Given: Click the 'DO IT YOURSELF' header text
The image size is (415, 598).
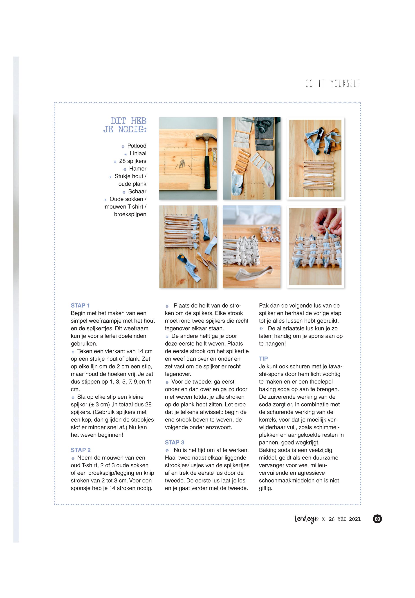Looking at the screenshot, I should [333, 83].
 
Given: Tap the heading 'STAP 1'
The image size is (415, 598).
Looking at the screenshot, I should [80, 305].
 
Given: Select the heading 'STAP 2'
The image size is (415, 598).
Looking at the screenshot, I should [81, 450].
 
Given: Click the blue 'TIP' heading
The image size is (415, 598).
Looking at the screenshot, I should [263, 359].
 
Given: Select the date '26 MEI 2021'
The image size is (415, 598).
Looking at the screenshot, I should [345, 519].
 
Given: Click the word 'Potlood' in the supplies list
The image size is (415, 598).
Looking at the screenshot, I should [137, 146].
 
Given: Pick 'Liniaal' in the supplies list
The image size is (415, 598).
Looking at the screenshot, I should [138, 153].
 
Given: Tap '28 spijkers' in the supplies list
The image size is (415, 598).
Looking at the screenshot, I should [133, 161].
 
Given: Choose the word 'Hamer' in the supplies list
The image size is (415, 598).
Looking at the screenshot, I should [138, 169].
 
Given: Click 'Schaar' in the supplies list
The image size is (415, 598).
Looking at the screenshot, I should [137, 192].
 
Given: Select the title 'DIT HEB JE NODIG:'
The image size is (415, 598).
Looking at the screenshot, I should [125, 125].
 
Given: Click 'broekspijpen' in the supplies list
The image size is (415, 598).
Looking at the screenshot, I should [130, 214].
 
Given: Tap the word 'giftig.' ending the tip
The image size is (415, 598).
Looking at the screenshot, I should [265, 488].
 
